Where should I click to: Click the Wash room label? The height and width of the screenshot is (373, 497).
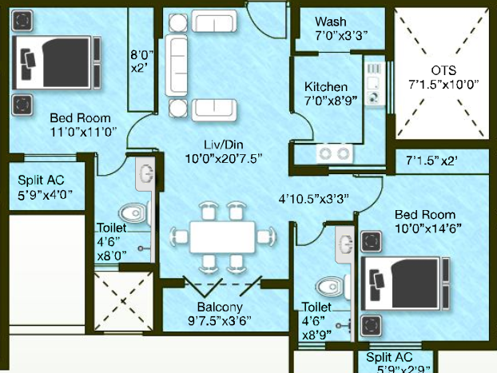tap(331, 22)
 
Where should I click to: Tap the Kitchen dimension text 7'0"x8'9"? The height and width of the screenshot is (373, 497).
tap(331, 101)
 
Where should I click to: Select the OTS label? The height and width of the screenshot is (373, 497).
tap(443, 70)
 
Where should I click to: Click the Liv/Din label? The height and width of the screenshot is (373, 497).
tap(224, 145)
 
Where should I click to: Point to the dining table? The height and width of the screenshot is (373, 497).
tap(222, 237)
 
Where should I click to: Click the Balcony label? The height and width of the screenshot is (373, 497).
tap(220, 307)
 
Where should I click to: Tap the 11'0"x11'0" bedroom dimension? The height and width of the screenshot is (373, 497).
tap(84, 132)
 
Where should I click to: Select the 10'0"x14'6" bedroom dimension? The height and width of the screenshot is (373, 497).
tap(428, 228)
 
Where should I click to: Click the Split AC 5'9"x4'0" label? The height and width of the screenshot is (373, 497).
tap(45, 187)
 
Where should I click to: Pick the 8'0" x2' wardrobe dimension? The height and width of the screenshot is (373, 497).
tap(141, 62)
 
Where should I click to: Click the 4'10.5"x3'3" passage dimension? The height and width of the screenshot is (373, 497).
tap(313, 199)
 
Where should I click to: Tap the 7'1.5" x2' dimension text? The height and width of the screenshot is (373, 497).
tap(431, 161)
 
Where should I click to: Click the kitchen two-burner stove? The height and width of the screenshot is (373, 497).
tap(335, 153)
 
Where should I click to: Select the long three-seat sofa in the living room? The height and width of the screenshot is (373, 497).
tap(177, 65)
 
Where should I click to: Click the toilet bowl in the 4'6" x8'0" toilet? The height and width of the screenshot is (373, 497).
tap(133, 213)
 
